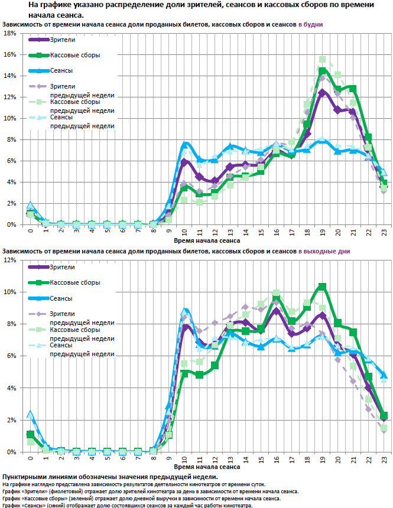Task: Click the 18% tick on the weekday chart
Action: [10, 34]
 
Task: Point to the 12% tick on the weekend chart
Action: [10, 260]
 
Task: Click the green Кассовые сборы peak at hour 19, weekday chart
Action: [322, 71]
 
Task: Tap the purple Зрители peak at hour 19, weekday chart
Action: [322, 92]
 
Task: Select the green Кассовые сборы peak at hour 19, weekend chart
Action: [322, 286]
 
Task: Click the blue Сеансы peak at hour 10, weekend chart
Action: [184, 311]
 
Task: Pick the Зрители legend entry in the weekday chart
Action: [61, 40]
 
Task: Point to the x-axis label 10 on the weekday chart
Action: [184, 233]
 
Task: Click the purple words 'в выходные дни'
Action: [323, 251]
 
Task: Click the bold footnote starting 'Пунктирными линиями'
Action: [109, 476]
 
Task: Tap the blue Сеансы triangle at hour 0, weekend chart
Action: [30, 415]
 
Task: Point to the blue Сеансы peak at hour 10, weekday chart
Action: [185, 144]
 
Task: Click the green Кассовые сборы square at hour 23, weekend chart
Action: [384, 416]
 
